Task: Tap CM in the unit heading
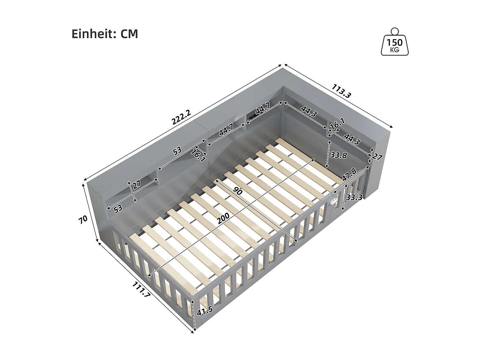click(x=129, y=34)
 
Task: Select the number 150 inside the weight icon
click(x=395, y=43)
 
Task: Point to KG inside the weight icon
click(x=395, y=50)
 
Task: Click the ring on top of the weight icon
click(x=395, y=31)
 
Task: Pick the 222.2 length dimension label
click(x=181, y=117)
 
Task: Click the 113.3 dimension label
click(x=342, y=91)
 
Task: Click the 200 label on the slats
click(x=223, y=219)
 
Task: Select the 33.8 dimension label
click(x=339, y=155)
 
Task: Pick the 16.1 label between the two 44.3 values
click(x=337, y=124)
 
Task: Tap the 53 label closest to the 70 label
click(x=118, y=208)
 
